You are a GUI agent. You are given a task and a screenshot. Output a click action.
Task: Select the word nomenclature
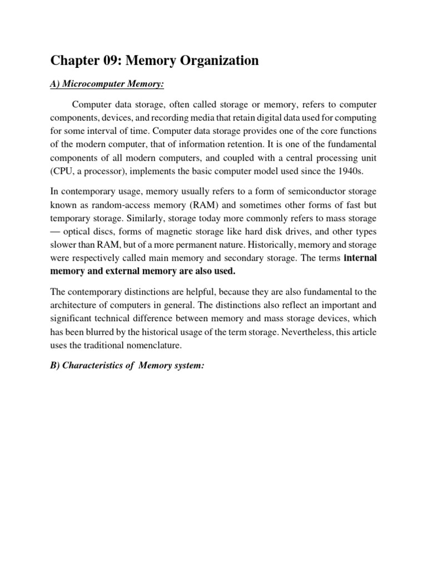pyautogui.click(x=161, y=345)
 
